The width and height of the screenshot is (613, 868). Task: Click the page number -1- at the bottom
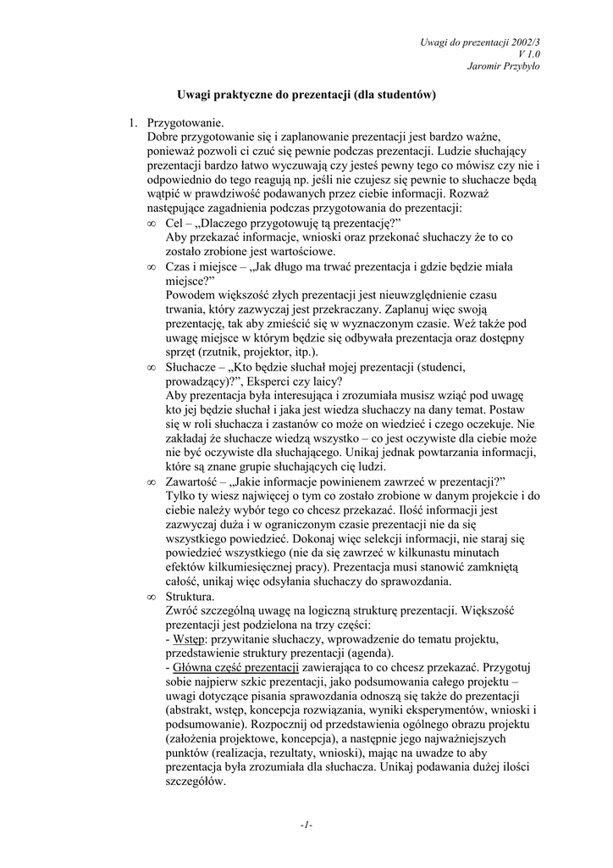[x=306, y=825]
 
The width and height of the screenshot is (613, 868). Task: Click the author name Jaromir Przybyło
[x=504, y=66]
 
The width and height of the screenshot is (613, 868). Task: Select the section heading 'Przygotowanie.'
[x=185, y=124]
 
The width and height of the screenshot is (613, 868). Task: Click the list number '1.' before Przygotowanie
[x=134, y=124]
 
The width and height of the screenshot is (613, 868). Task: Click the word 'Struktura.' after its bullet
[x=191, y=597]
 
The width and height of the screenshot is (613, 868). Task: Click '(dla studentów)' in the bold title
[x=395, y=96]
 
